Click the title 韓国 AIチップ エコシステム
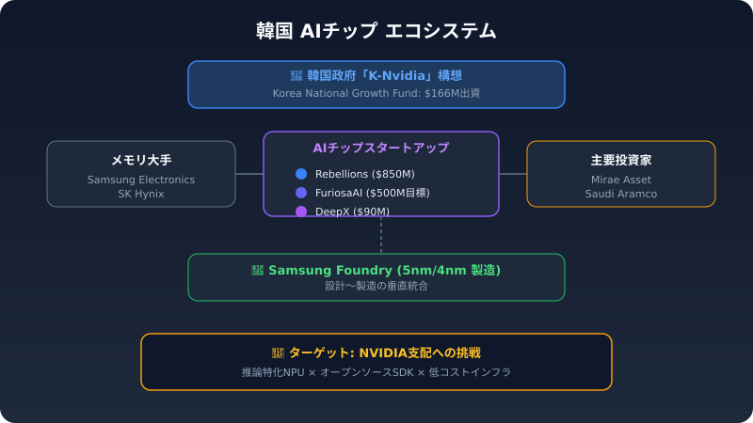pos(376,31)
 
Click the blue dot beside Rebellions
pos(301,174)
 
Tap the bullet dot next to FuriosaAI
pos(301,193)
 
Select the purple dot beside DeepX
pos(301,211)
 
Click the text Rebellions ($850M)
pos(365,174)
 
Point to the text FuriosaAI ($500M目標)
pos(373,193)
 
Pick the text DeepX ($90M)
pos(352,211)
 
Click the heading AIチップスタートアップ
pos(380,148)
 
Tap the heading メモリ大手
pos(141,160)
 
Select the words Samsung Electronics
pos(141,180)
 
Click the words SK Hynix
pos(141,194)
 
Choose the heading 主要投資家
pos(621,160)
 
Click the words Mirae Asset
pos(621,180)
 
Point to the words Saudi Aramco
pos(621,194)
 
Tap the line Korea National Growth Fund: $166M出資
pos(376,94)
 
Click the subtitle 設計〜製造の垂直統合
pos(376,285)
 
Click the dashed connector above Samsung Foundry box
pos(381,235)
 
